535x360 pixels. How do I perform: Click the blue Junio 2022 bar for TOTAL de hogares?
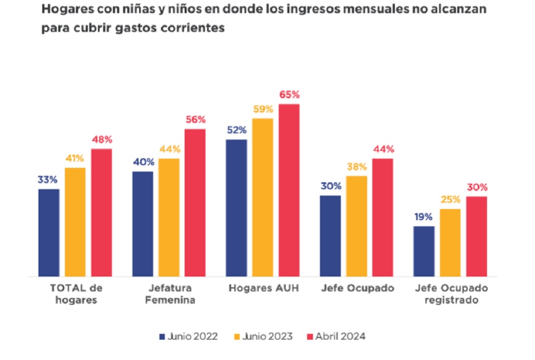click(x=49, y=232)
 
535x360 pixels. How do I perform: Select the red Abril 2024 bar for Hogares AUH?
click(x=289, y=190)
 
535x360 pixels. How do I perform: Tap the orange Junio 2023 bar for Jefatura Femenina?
click(x=169, y=217)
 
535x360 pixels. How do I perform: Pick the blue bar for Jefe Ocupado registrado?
click(x=424, y=251)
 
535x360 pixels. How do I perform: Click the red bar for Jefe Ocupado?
click(x=382, y=217)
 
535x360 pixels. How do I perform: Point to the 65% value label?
click(x=289, y=95)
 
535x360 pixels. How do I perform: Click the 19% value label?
click(x=424, y=217)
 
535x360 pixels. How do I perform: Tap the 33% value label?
click(x=48, y=180)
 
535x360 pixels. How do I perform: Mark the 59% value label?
click(x=263, y=109)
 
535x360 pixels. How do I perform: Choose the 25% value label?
click(x=450, y=200)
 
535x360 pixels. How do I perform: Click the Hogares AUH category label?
click(x=263, y=288)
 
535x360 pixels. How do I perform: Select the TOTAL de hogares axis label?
click(x=76, y=294)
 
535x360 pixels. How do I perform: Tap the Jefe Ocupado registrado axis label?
click(x=451, y=294)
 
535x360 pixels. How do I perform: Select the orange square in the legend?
click(x=237, y=336)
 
